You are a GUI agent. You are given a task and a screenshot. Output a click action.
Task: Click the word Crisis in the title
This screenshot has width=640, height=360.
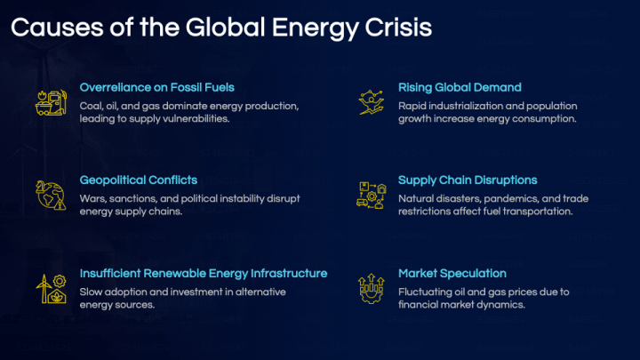398,28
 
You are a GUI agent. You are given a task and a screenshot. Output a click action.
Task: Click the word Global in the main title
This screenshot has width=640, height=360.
225,28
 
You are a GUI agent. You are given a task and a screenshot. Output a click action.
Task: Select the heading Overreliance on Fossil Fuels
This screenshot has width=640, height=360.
156,87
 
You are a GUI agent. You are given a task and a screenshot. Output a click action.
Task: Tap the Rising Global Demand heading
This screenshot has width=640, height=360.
460,87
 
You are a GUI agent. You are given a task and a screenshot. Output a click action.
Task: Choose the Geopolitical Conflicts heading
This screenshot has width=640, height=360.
139,180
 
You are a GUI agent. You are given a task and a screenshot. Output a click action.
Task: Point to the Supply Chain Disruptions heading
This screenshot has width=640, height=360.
468,180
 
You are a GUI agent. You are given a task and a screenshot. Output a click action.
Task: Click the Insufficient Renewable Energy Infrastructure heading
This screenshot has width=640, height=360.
204,273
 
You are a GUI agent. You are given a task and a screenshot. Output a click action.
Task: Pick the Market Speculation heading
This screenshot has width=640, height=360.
452,274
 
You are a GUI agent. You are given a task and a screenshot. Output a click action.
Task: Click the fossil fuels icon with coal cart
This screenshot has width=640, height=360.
51,103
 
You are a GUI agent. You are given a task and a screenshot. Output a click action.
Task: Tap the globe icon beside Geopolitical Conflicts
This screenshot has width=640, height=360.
51,196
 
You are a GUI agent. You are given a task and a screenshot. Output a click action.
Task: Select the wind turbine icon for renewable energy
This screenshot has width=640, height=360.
51,289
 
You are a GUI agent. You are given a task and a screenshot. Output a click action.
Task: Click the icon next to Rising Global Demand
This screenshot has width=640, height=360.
372,102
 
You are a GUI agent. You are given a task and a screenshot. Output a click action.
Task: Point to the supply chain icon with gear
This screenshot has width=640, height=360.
371,196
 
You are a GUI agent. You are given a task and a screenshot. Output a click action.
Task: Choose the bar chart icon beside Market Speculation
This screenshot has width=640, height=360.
371,289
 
